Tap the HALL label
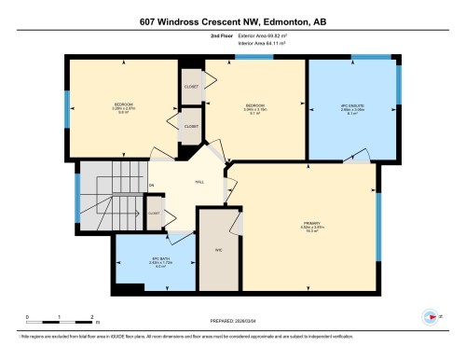coord(199,184)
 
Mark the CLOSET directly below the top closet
coord(191,126)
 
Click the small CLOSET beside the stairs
coord(154,213)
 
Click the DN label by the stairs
coord(151,186)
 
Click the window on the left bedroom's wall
coord(67,109)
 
